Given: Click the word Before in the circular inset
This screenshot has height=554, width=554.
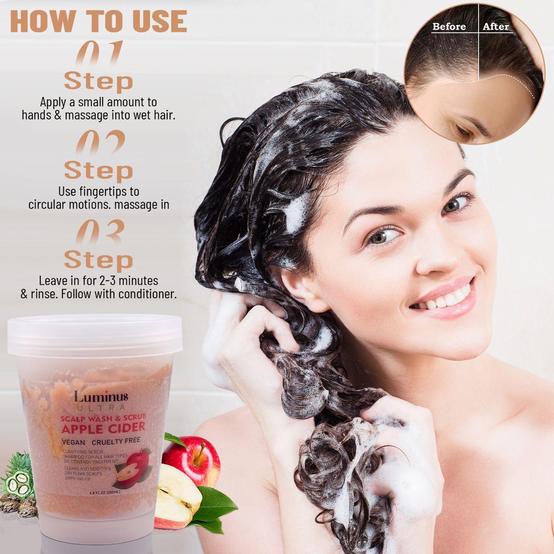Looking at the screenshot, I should pyautogui.click(x=449, y=27).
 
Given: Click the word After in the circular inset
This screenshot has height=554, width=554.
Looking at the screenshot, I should pyautogui.click(x=496, y=27).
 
